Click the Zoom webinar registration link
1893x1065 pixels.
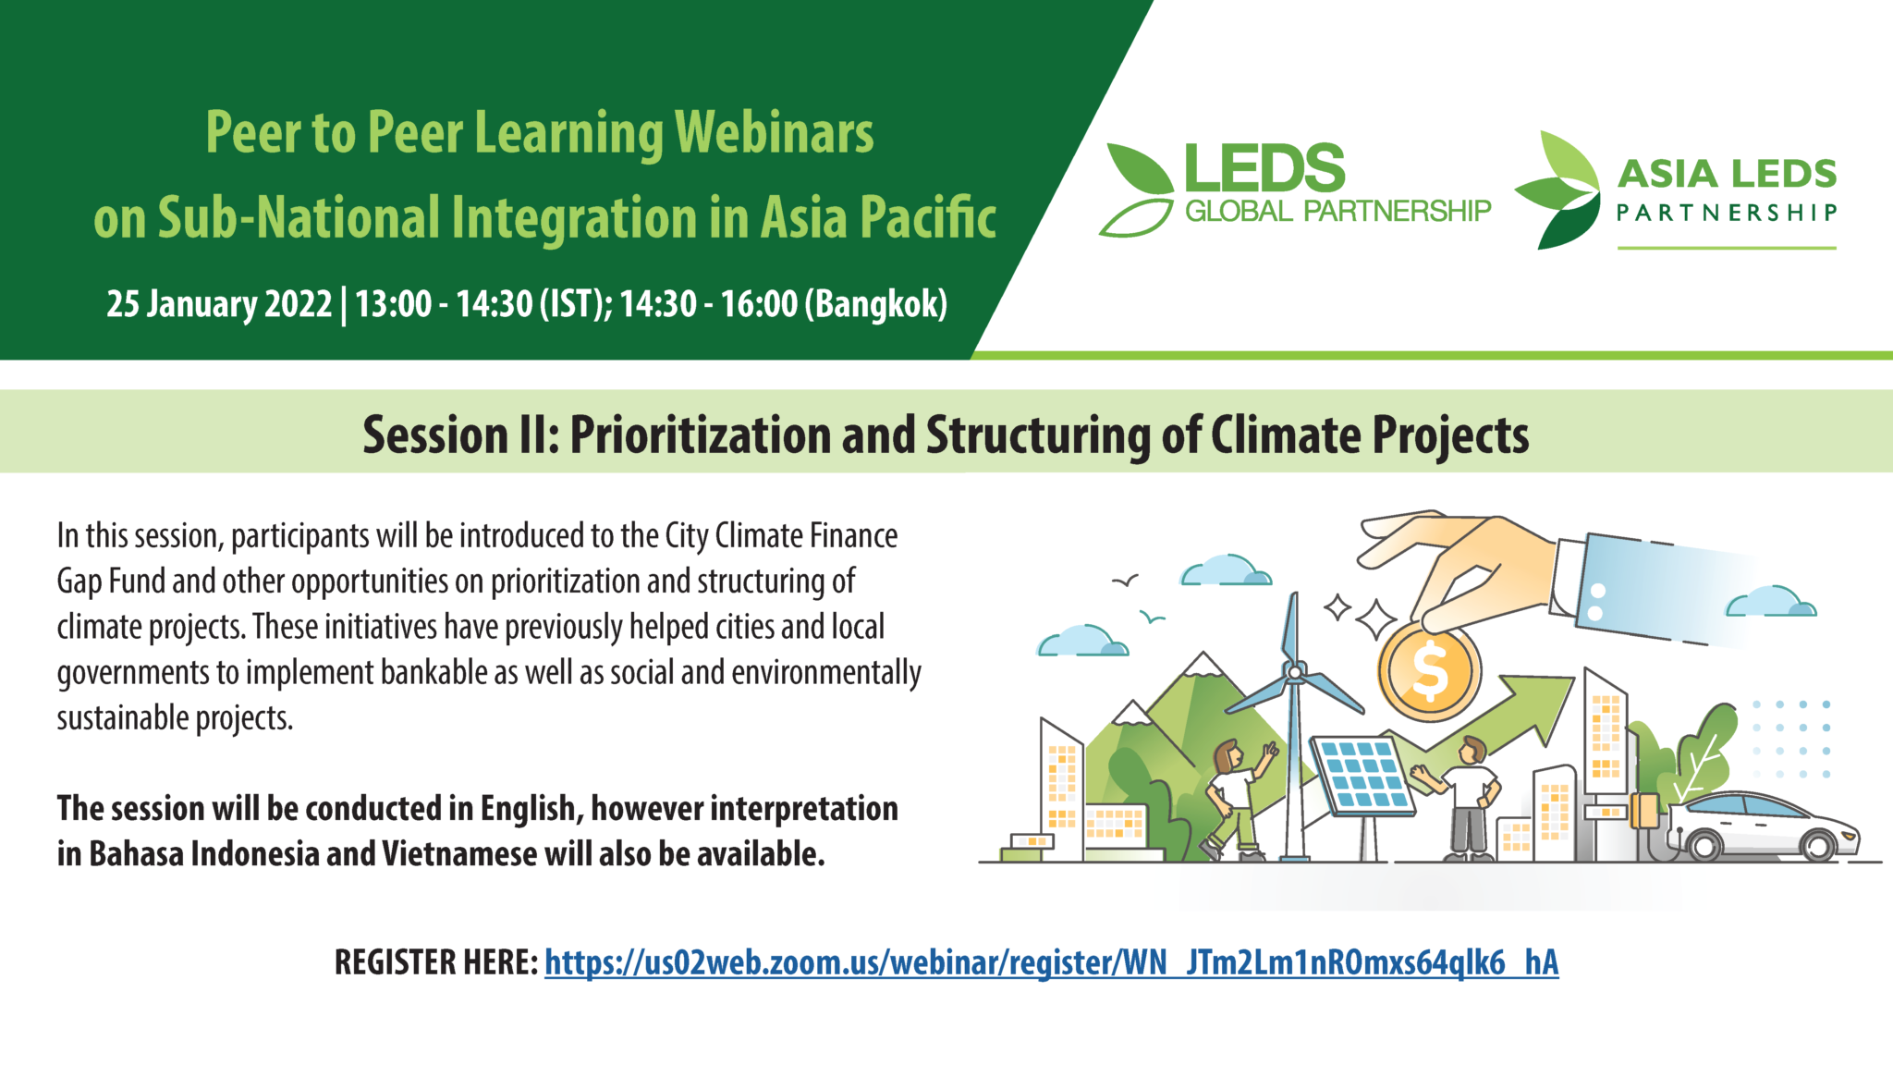(x=1051, y=962)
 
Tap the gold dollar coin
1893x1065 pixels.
(x=1429, y=670)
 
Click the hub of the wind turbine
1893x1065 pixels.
(x=1295, y=672)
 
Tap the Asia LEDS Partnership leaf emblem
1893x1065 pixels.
(x=1558, y=190)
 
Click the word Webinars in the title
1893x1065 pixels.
(x=775, y=132)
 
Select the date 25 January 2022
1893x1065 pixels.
(x=219, y=303)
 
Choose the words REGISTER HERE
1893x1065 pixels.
(x=436, y=962)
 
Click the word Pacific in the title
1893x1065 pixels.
(x=928, y=217)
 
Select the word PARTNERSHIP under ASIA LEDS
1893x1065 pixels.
(x=1727, y=214)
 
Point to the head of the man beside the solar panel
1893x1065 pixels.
(x=1472, y=750)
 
